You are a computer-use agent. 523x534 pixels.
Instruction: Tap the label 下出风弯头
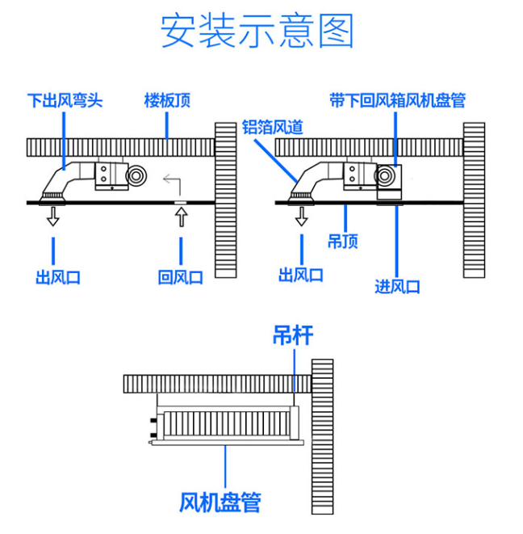[65, 101]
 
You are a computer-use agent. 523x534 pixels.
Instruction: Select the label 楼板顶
[167, 101]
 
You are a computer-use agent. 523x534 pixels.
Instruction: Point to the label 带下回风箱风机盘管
[398, 101]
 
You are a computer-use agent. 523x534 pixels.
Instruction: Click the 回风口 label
[180, 277]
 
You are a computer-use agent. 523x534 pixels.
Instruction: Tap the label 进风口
[397, 286]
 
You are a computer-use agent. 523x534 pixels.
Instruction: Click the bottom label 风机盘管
[220, 502]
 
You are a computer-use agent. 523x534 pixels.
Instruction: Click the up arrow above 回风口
[181, 217]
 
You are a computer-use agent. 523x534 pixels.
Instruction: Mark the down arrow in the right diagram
[301, 216]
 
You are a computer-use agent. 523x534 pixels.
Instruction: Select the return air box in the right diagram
[391, 181]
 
